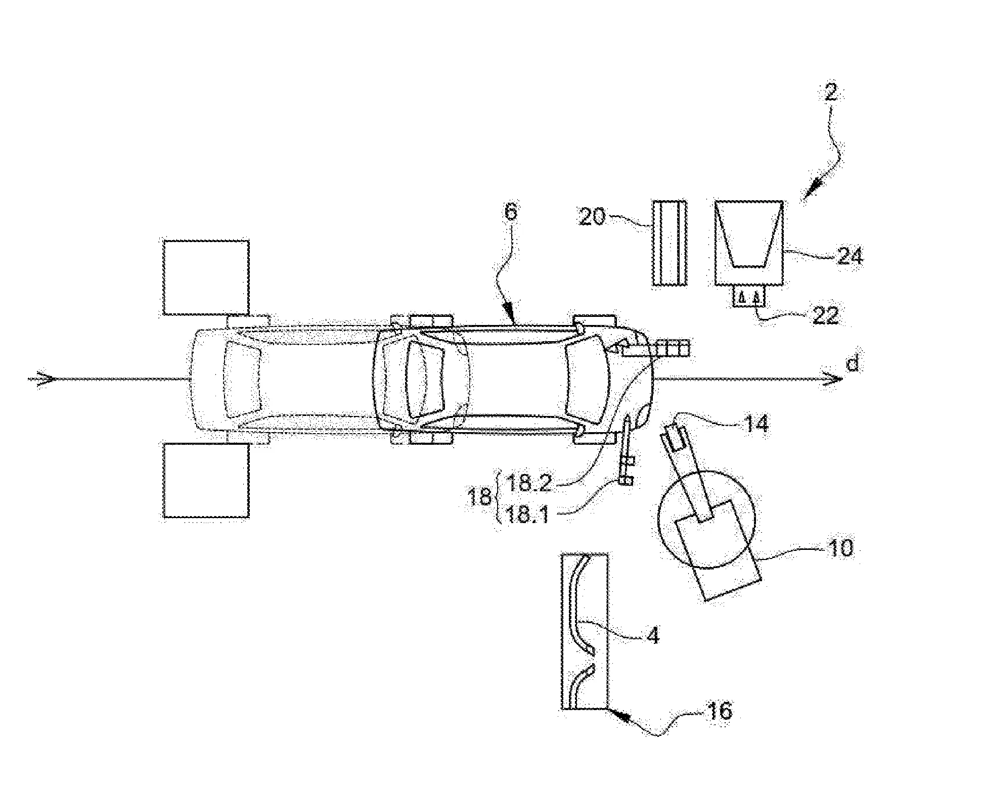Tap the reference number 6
click(x=511, y=213)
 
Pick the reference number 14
click(x=755, y=424)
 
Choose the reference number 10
click(x=840, y=548)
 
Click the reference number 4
click(x=653, y=635)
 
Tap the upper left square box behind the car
click(x=206, y=278)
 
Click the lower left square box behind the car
click(x=206, y=480)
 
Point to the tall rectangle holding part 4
click(x=585, y=631)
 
